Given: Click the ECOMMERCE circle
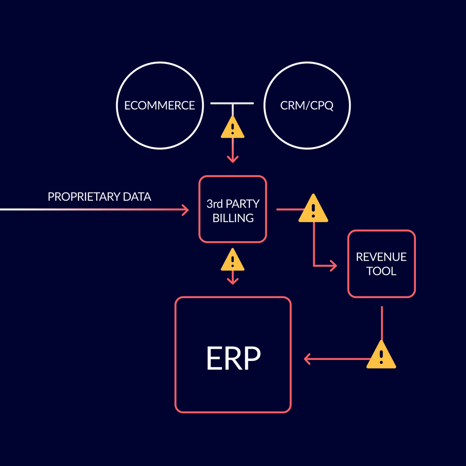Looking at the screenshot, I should click(x=160, y=105).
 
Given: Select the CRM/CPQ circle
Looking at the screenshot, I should click(x=307, y=105).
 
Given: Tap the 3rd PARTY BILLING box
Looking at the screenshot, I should click(x=233, y=209).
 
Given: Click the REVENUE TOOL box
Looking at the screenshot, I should click(x=381, y=264).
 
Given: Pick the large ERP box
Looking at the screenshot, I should click(x=233, y=355).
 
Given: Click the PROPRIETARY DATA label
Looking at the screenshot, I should click(x=99, y=197).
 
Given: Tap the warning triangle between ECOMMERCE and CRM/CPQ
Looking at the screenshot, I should click(x=233, y=128).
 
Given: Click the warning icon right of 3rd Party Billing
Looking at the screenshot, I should click(x=313, y=209).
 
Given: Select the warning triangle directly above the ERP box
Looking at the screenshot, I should click(x=233, y=261).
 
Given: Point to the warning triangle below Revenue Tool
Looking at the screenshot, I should click(x=381, y=356).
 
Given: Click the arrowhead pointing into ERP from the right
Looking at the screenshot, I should click(x=308, y=359).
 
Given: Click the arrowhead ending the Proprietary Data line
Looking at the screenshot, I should click(x=185, y=210).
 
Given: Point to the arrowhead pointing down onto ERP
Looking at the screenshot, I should click(x=233, y=281).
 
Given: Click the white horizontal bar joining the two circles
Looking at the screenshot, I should click(x=232, y=104).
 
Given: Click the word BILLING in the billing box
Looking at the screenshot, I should click(x=233, y=218).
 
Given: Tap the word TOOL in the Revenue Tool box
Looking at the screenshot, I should click(x=381, y=271).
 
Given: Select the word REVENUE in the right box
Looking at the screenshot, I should click(x=381, y=257).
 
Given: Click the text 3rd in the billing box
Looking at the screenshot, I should click(x=214, y=203).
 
